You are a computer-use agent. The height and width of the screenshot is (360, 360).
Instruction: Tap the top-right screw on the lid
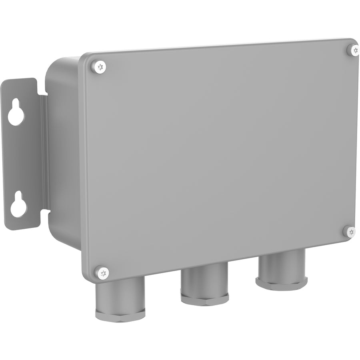353,50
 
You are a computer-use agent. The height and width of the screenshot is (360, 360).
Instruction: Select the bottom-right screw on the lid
350,231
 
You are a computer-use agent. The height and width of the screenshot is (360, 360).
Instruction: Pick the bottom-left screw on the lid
103,273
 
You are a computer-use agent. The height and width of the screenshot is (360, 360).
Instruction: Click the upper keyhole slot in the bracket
16,113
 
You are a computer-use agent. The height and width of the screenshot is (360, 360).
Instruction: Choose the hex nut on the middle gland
204,298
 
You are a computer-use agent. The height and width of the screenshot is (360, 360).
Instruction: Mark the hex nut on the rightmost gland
281,282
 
